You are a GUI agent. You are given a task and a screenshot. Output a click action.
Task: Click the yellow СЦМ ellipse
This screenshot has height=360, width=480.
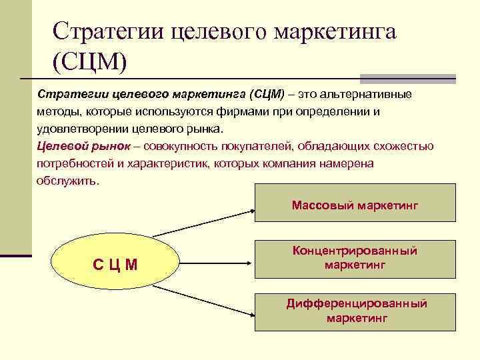click(x=115, y=264)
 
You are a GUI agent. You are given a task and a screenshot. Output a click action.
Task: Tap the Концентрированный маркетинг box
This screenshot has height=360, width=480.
click(x=355, y=258)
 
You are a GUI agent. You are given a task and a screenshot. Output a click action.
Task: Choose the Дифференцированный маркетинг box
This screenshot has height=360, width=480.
click(x=355, y=311)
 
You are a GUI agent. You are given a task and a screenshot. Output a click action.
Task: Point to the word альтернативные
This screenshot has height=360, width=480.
click(x=369, y=94)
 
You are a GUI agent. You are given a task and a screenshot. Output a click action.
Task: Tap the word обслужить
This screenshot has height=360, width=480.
click(x=67, y=181)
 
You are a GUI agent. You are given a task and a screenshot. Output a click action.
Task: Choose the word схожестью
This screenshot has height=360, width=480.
click(x=403, y=146)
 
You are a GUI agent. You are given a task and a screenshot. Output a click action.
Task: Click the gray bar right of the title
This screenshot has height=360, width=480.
click(x=407, y=78)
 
